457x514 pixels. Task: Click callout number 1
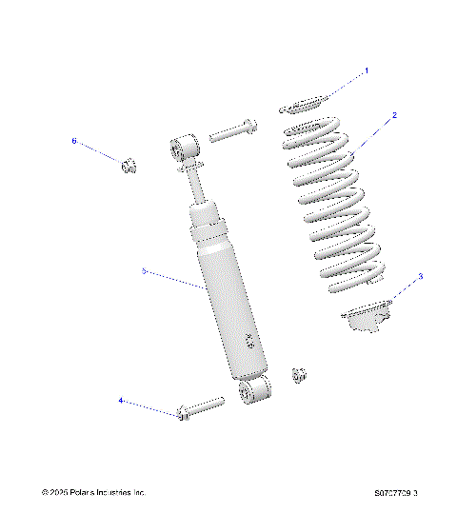coord(367,70)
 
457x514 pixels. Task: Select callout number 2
coord(394,115)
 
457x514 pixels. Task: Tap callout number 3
coord(420,277)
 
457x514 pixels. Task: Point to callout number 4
coord(121,401)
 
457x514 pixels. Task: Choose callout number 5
coord(144,271)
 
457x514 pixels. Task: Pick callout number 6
coord(74,141)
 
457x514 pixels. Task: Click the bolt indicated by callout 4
coord(200,408)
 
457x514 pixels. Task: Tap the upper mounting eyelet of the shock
coord(181,149)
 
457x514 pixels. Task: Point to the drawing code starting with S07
coord(395,493)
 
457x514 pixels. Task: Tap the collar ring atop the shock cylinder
coord(208,228)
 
